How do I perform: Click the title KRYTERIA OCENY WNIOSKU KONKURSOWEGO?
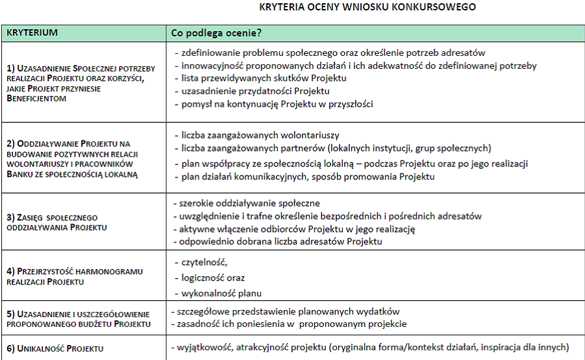pos(367,7)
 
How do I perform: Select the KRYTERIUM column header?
pos(32,32)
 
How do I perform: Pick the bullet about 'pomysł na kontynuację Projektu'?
pos(277,103)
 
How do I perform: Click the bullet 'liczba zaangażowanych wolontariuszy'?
pos(260,135)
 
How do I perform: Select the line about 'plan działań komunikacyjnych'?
pos(308,176)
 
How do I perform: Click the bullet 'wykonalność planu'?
pos(222,293)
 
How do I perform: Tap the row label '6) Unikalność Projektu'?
pos(55,348)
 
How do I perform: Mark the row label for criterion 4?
pos(75,277)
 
